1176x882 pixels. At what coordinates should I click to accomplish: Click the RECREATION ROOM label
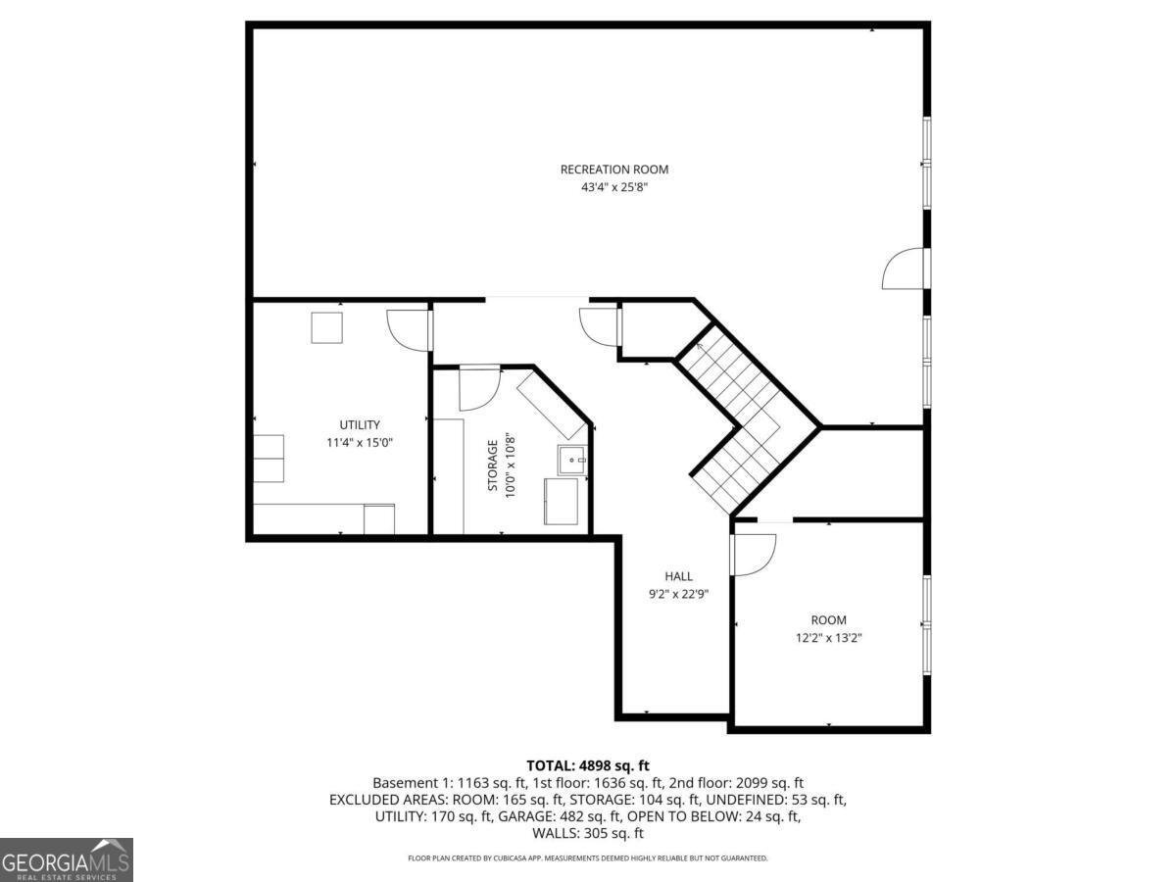[614, 170]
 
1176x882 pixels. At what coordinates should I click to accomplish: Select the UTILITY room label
[360, 424]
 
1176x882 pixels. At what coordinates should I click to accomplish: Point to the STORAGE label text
[492, 465]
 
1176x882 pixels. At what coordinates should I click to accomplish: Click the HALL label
[678, 576]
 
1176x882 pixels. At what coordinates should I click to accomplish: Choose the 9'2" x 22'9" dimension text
[678, 594]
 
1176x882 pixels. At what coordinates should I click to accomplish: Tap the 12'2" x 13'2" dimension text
[828, 638]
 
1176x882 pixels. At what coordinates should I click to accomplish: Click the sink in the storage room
[572, 460]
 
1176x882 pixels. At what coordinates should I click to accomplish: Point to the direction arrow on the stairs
[701, 347]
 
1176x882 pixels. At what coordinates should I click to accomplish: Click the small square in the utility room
[326, 327]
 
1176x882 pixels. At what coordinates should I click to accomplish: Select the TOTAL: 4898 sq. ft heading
[588, 765]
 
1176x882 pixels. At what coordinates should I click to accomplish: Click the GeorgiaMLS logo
[67, 859]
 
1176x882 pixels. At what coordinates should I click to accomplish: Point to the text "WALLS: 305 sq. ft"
[588, 833]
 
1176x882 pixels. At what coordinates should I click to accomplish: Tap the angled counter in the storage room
[552, 406]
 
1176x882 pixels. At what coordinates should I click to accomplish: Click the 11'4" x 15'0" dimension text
[360, 443]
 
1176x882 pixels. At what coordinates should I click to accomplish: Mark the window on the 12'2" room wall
[926, 624]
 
